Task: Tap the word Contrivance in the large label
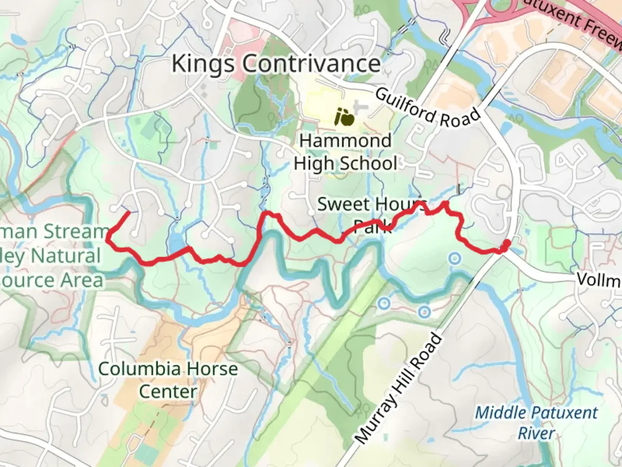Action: [311, 64]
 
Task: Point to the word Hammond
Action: [345, 141]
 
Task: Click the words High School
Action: [345, 163]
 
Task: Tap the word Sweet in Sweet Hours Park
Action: [343, 204]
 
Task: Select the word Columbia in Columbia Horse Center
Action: [139, 369]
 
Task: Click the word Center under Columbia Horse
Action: [168, 392]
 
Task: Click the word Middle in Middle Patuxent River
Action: [502, 413]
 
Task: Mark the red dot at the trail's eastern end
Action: [505, 245]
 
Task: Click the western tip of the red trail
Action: [128, 212]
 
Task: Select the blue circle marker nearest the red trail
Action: [454, 259]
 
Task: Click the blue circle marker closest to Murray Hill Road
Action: [424, 311]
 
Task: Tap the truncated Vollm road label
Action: [599, 280]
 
